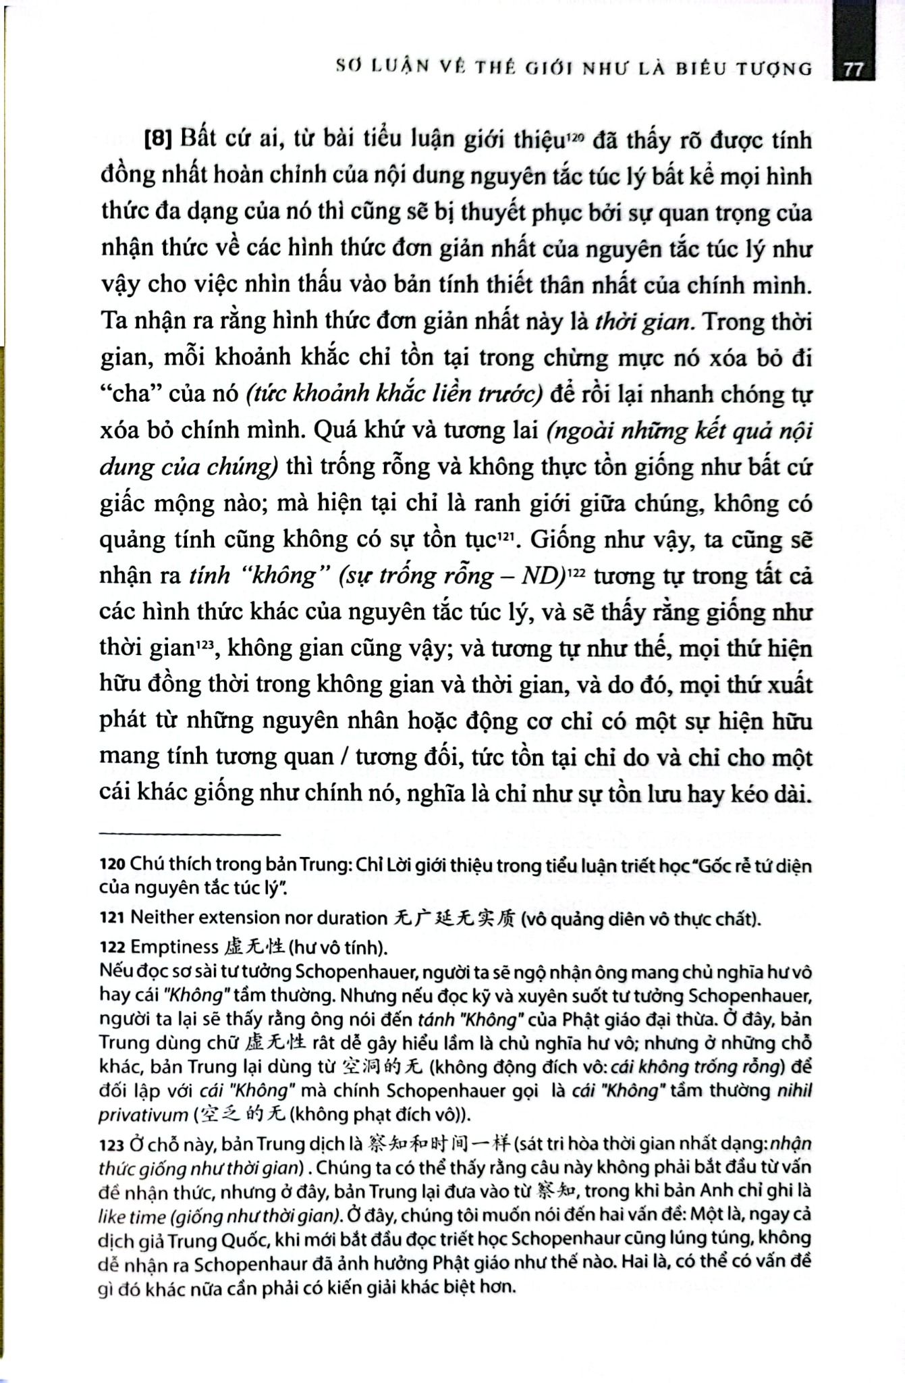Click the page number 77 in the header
(853, 70)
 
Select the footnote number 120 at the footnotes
(112, 864)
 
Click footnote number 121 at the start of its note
(112, 918)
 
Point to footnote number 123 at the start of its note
(112, 1145)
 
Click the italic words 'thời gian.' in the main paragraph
(645, 321)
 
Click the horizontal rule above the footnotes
(190, 835)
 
